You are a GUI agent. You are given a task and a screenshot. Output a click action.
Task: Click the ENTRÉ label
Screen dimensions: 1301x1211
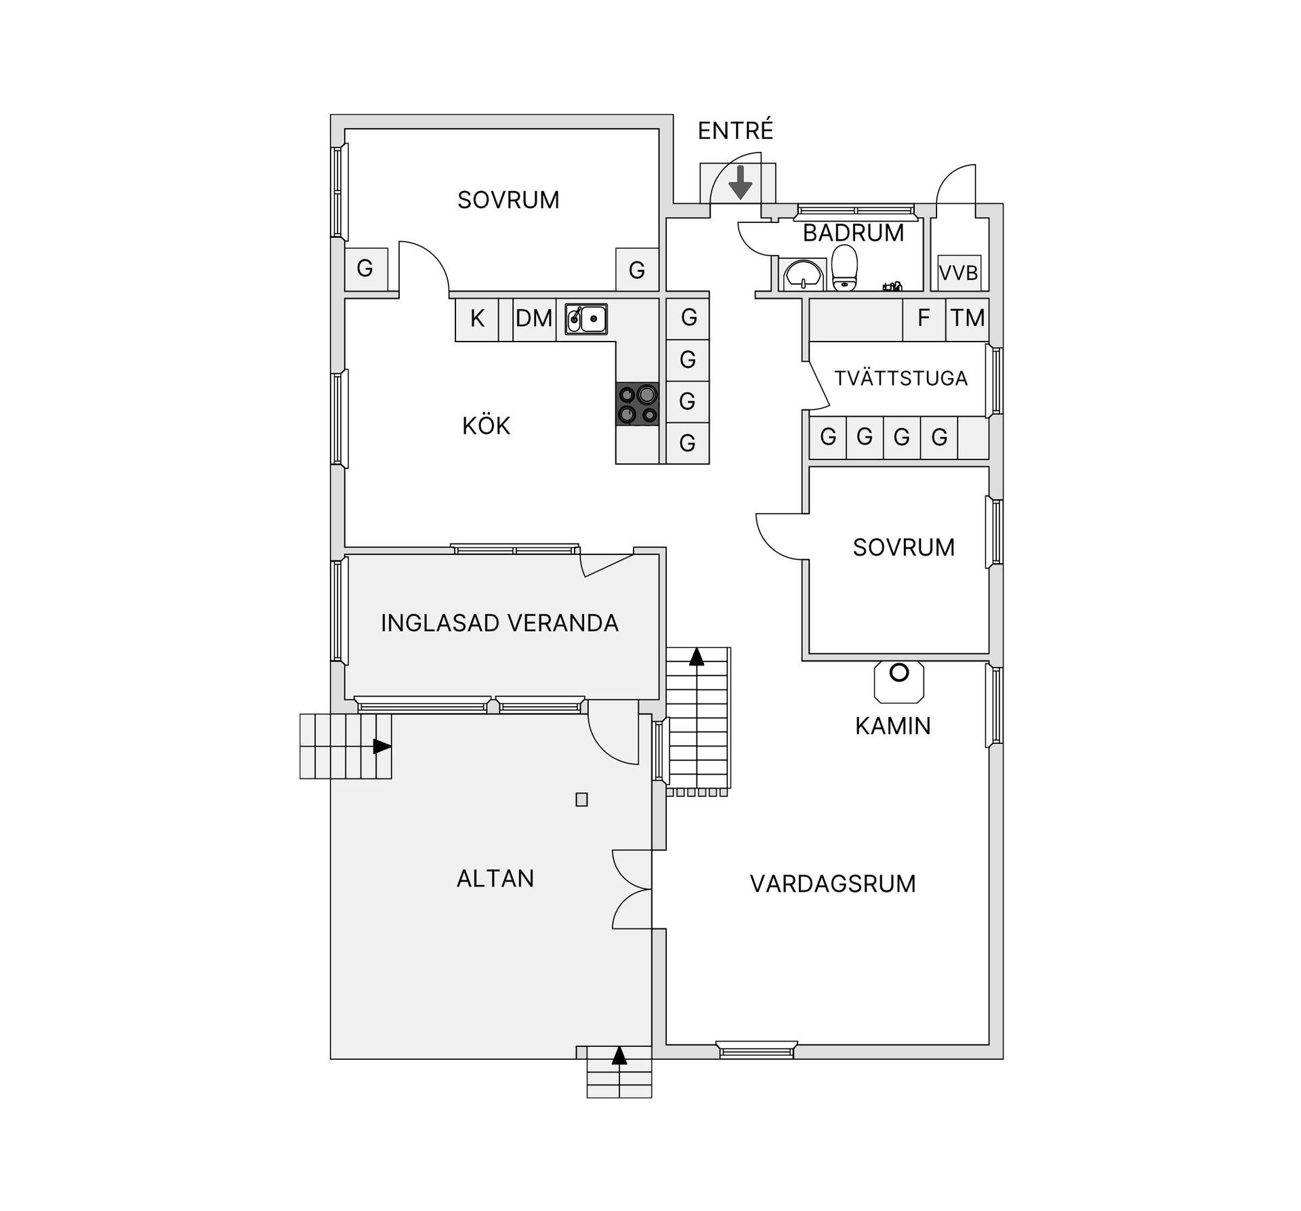coord(735,130)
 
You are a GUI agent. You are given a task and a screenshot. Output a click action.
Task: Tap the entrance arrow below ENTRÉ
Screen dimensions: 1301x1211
coord(741,182)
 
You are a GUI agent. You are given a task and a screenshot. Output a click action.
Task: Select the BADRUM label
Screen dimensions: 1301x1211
coord(853,233)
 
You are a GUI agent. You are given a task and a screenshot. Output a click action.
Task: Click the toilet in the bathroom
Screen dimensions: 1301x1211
coord(844,267)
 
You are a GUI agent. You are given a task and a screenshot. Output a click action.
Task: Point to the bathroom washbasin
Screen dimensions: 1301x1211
coord(803,274)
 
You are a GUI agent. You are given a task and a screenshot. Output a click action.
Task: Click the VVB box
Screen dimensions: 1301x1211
coord(959,272)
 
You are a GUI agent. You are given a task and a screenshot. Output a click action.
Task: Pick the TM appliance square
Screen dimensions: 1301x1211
coord(967,319)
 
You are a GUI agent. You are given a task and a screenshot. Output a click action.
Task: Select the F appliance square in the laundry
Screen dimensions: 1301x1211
coord(924,319)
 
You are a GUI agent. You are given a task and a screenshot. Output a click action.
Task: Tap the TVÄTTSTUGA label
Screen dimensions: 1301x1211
coord(901,378)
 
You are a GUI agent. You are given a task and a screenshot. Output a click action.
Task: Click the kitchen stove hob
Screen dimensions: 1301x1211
coord(637,404)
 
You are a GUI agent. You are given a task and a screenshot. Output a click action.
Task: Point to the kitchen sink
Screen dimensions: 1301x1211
coord(586,319)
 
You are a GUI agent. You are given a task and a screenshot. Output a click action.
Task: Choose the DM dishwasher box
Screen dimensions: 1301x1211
coord(534,319)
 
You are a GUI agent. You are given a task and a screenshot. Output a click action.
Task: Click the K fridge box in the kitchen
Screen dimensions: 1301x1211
coord(477,319)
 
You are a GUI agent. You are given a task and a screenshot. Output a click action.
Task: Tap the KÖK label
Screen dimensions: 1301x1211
coord(486,426)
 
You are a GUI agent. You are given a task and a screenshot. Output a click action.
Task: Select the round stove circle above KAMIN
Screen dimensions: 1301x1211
coord(899,673)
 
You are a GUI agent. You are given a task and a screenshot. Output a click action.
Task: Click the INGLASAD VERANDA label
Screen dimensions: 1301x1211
coord(499,623)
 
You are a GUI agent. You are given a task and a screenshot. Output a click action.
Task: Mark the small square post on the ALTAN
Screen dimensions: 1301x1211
coord(581,800)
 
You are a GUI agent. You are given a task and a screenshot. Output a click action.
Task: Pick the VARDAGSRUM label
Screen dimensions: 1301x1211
coord(833,884)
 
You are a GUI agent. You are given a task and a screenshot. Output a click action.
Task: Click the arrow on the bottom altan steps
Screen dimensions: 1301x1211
coord(619,1075)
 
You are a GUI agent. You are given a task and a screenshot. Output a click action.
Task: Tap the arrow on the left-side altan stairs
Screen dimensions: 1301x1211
coord(382,746)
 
